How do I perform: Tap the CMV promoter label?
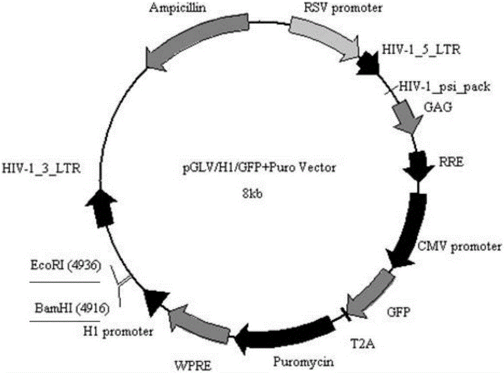[x=459, y=247]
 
